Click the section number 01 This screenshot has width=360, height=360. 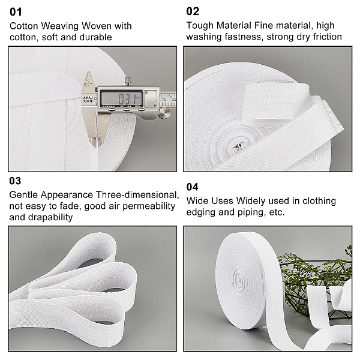click(16, 12)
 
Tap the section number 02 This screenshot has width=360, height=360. click(193, 11)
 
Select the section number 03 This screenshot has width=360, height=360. click(15, 181)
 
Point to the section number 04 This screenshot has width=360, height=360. click(192, 187)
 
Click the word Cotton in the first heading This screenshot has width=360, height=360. click(23, 26)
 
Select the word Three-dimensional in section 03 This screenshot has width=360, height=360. click(137, 195)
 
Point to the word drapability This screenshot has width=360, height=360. click(50, 217)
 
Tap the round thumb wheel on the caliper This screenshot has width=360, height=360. click(164, 113)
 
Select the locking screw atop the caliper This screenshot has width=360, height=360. click(128, 81)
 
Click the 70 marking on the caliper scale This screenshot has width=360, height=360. click(164, 100)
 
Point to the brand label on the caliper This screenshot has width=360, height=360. click(88, 99)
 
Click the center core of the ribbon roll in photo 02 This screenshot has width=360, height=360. click(238, 147)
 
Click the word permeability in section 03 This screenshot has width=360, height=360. click(149, 206)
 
